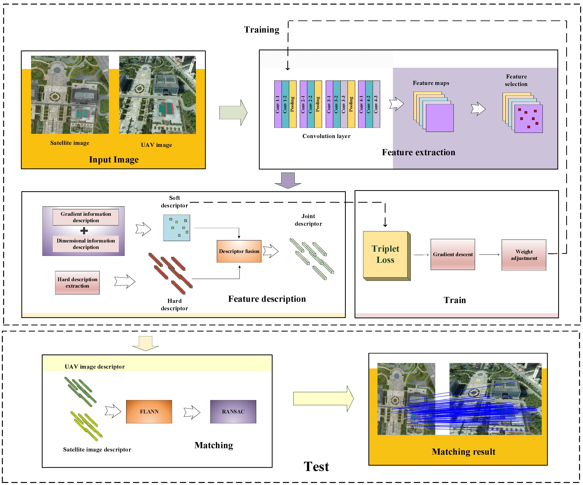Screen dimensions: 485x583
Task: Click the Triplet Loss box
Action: coord(385,255)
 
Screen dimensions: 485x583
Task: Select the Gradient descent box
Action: coord(452,254)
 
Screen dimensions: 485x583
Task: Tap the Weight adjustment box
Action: coord(524,255)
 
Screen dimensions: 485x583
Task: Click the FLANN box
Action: coord(149,412)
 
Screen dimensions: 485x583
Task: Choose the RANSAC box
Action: coord(233,412)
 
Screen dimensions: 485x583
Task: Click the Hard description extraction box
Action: coord(77,283)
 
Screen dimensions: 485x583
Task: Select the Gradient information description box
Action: coord(86,217)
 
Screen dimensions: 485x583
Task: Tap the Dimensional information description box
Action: coord(86,244)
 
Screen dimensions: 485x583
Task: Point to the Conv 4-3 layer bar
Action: coord(376,104)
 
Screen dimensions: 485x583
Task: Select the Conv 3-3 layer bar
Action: coord(344,104)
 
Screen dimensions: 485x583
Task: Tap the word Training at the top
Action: coord(262,30)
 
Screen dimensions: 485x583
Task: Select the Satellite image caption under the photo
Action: coord(70,143)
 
